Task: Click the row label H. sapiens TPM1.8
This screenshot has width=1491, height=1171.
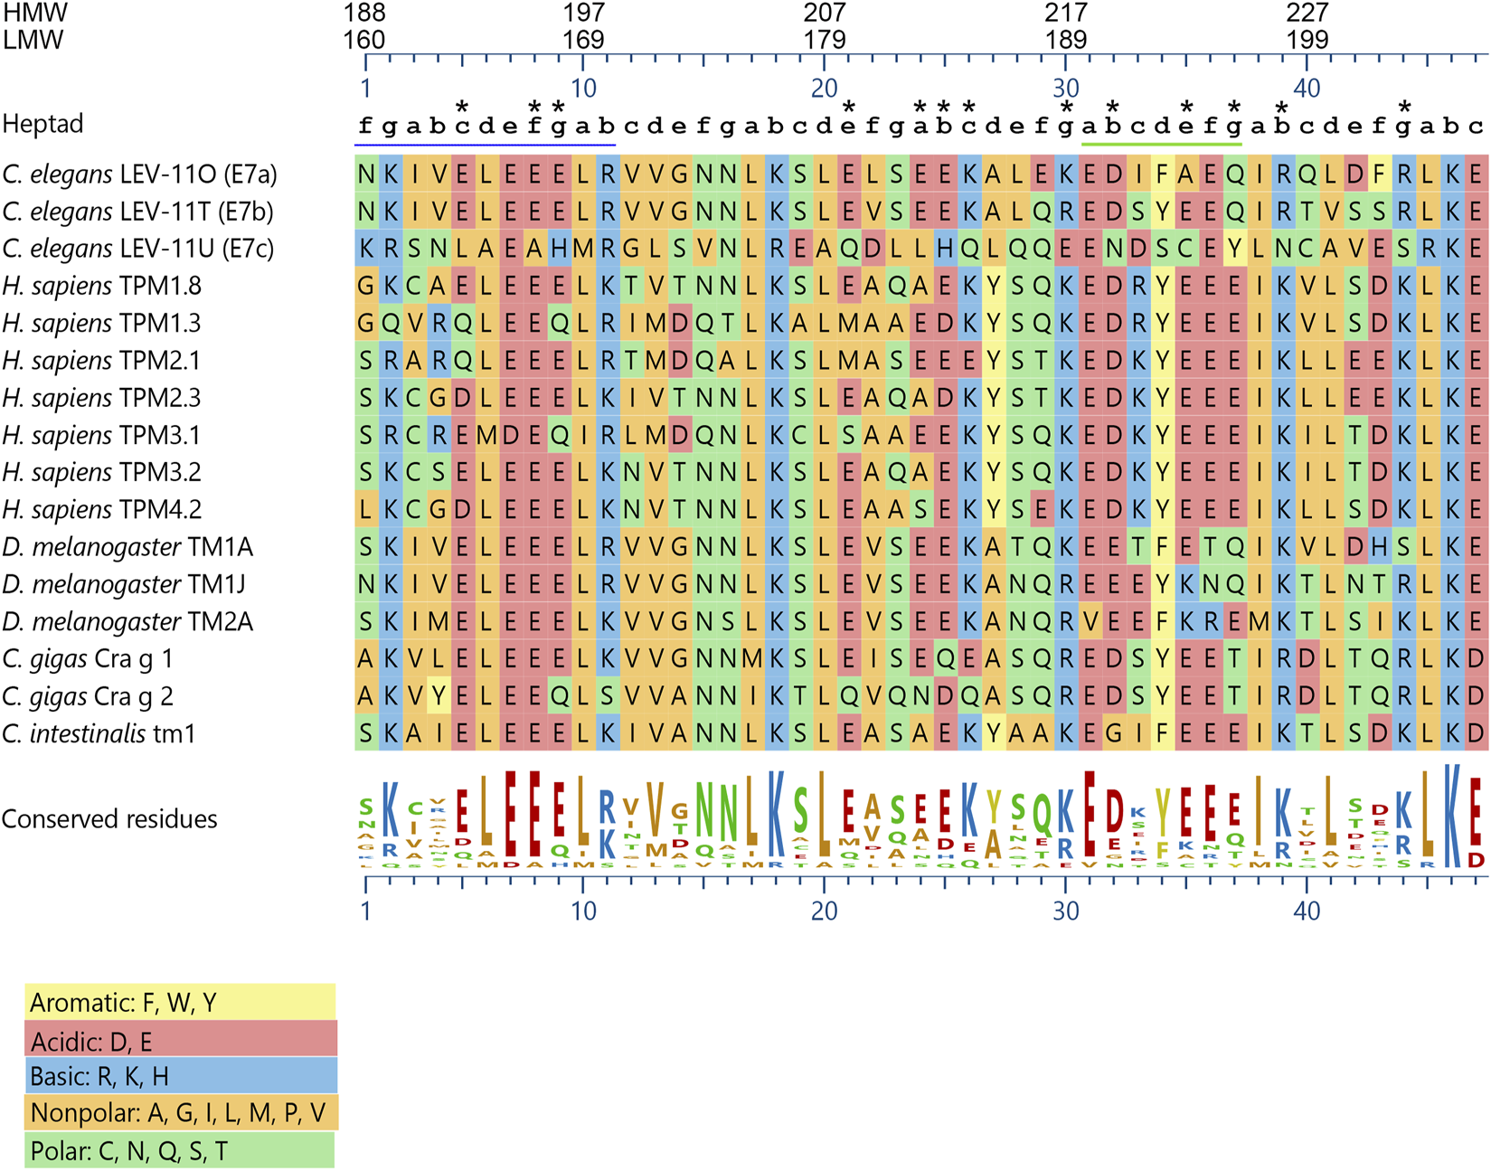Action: (101, 287)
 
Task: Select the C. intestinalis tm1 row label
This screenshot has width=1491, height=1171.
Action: (99, 733)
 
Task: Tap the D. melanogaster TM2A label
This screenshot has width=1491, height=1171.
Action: (127, 622)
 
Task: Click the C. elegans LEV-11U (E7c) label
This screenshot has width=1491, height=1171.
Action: (137, 249)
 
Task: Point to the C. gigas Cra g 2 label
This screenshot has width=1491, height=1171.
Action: (88, 696)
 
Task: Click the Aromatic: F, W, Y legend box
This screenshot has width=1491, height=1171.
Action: (180, 1002)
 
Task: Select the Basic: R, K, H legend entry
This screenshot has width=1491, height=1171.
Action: (180, 1076)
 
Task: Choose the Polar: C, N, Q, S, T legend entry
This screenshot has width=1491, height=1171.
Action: (180, 1151)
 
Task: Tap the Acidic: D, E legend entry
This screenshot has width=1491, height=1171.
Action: (180, 1040)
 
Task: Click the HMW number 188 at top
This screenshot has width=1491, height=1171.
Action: (364, 13)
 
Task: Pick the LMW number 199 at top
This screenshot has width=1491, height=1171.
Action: (1307, 40)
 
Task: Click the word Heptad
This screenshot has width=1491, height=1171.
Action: (42, 124)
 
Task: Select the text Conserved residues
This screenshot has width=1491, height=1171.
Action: (109, 819)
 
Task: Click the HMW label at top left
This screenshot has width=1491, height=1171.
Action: (35, 13)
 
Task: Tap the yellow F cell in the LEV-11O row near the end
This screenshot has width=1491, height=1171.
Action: (1379, 175)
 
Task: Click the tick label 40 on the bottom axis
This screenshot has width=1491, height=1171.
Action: (1307, 911)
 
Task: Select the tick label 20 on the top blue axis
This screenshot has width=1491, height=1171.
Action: (824, 88)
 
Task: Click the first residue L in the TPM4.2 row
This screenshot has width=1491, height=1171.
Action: (365, 510)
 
